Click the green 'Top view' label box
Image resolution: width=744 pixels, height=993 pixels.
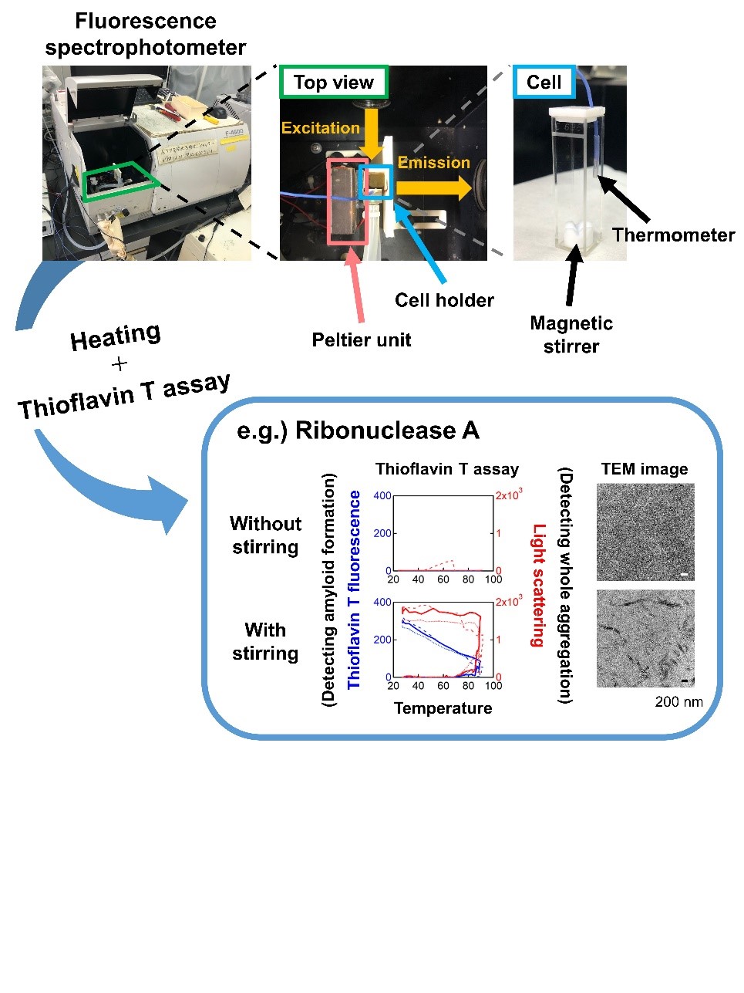point(333,83)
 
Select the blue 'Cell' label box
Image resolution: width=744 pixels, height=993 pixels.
point(544,83)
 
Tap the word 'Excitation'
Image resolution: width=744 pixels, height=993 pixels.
point(320,128)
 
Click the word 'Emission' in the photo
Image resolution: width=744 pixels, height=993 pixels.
point(433,163)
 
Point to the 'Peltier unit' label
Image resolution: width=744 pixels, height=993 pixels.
point(362,340)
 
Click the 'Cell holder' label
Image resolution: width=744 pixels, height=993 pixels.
point(444,300)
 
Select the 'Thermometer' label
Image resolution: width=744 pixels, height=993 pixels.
point(673,235)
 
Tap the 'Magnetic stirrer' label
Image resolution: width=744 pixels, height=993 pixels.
point(571,335)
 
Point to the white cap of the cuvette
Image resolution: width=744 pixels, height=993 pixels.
point(571,110)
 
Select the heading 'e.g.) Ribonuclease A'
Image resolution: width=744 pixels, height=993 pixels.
point(358,431)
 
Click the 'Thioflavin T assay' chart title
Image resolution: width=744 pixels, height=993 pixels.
point(446,469)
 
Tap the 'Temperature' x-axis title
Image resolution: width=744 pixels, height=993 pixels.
point(443,708)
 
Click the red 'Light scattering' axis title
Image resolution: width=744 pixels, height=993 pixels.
point(538,585)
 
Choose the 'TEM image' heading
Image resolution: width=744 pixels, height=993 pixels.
point(645,469)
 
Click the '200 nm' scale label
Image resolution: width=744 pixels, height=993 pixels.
point(678,702)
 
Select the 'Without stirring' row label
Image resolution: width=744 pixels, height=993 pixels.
point(265,535)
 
